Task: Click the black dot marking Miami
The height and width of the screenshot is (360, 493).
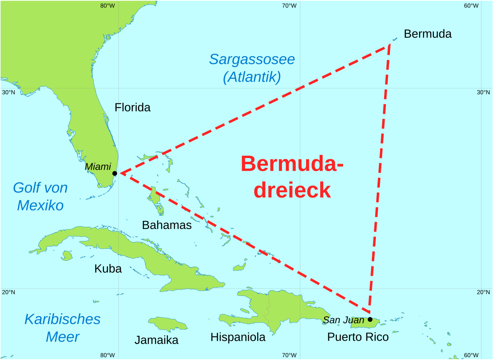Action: [x=115, y=173]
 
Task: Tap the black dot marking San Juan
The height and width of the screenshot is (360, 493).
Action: [x=370, y=319]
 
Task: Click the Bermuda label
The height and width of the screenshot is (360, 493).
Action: [x=427, y=34]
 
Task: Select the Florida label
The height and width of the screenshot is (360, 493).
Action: [x=132, y=108]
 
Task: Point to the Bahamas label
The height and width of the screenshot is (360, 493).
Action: [x=167, y=225]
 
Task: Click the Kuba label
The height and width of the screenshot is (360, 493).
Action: [x=108, y=269]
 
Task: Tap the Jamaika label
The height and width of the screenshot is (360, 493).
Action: [x=157, y=340]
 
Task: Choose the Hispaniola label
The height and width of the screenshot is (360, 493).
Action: [x=238, y=337]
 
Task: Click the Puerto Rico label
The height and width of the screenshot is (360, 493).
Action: [x=358, y=337]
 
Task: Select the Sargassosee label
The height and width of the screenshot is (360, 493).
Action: [x=252, y=59]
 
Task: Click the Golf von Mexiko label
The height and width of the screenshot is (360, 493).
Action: [x=40, y=196]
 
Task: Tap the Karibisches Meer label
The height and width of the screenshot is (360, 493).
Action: [x=62, y=328]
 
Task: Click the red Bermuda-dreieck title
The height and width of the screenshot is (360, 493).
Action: [x=292, y=177]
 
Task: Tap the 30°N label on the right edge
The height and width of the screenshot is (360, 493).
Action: [x=483, y=92]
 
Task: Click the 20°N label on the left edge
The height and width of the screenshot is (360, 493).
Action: [x=9, y=292]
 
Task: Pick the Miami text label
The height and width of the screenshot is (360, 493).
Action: [x=98, y=167]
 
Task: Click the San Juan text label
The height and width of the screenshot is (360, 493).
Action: [x=343, y=320]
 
